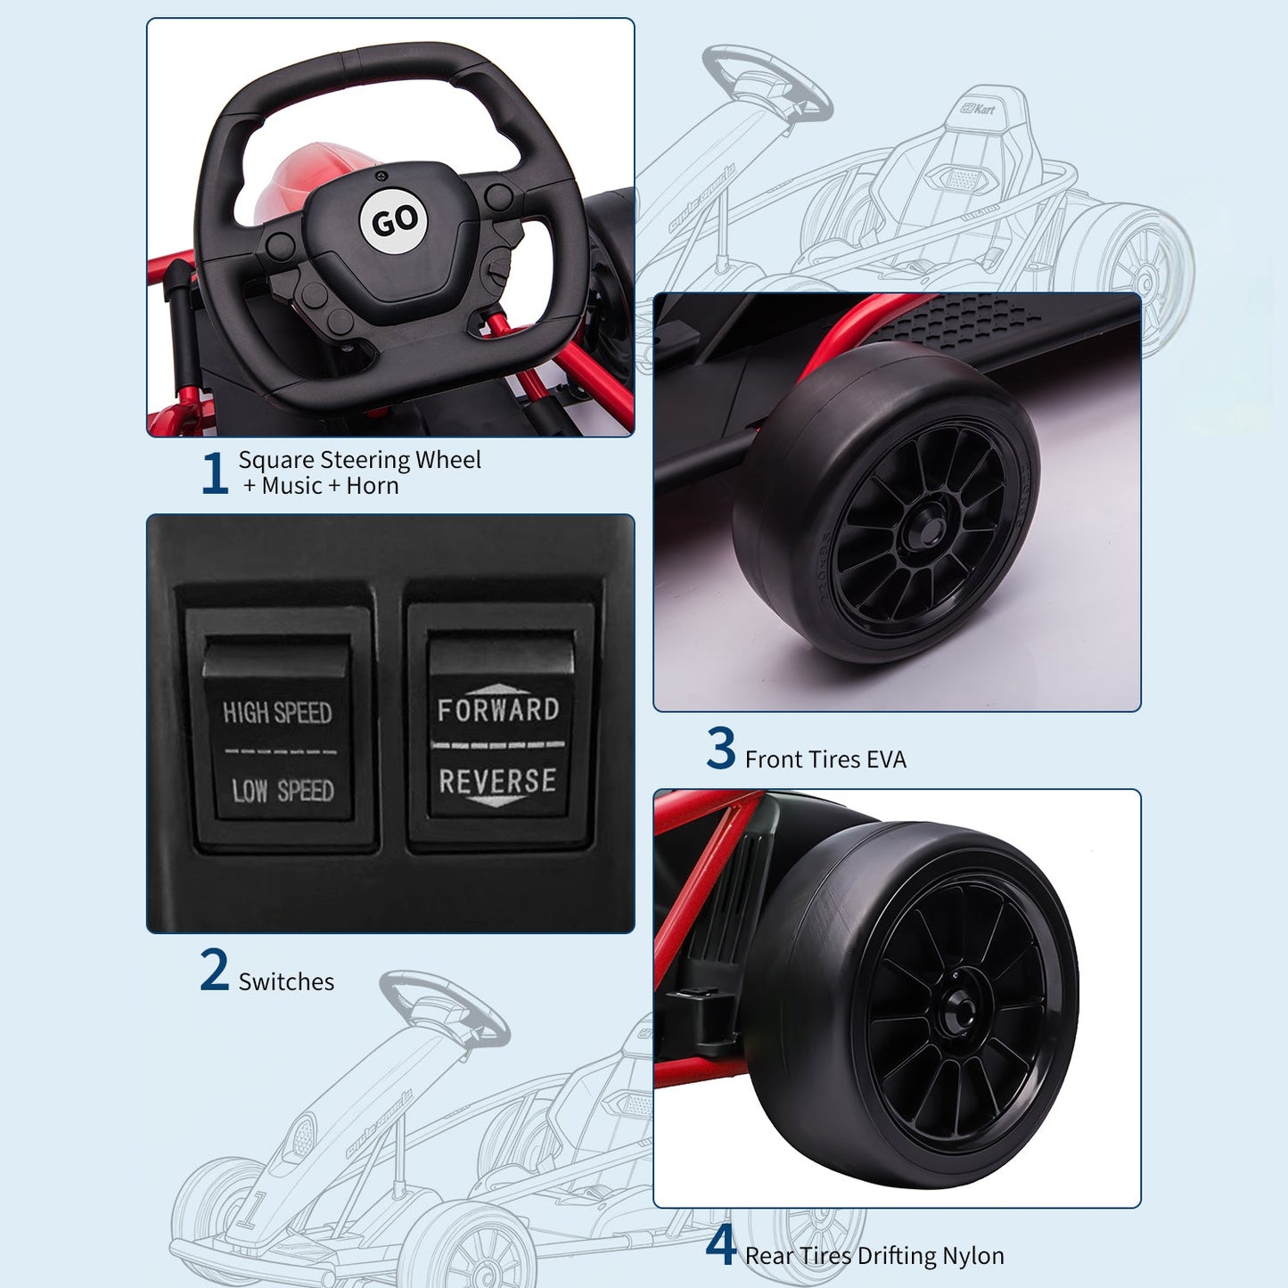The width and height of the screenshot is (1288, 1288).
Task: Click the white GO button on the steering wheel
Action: coord(394,220)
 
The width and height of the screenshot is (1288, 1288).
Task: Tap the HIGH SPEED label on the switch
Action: coord(277,712)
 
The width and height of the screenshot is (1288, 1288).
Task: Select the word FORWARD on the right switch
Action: coord(498,710)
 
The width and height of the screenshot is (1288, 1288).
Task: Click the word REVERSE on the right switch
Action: coord(498,781)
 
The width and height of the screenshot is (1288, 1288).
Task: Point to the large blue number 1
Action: coord(215,472)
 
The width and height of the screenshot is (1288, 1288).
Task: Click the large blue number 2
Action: coord(215,969)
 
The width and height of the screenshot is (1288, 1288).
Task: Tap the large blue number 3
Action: coord(721,748)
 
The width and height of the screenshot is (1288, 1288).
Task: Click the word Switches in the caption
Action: coord(286,982)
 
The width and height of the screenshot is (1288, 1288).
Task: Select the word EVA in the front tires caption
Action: coord(886,759)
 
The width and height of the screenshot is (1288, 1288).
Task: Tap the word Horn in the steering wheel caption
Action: coord(373,486)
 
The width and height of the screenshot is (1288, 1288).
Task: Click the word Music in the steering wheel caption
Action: coord(292,486)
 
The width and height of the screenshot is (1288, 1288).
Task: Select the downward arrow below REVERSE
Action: coord(495,800)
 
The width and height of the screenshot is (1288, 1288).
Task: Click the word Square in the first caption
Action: coord(276,461)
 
